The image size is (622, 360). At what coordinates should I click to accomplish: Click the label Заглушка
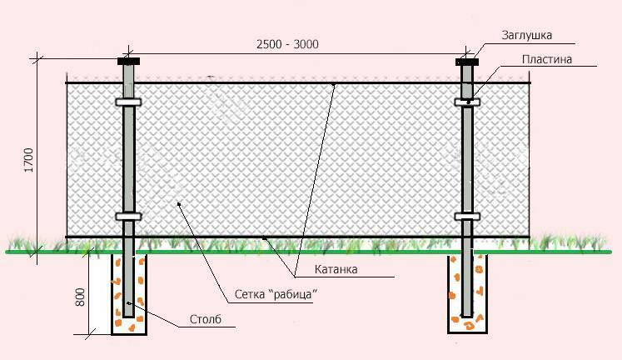pos(527,35)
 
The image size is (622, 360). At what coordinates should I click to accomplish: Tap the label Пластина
pos(547,59)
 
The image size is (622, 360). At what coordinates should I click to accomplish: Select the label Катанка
pos(336,269)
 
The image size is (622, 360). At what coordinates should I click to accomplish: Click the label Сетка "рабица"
pos(276,294)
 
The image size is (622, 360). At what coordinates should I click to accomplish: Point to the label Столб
pos(206,319)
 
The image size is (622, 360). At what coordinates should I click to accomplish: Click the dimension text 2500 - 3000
pos(287,44)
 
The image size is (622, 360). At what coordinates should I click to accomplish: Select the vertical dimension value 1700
pos(29,160)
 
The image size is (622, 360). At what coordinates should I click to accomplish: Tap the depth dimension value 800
pos(80,297)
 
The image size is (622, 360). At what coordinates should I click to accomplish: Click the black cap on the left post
pos(128,61)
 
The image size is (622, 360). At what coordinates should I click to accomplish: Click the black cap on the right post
pos(467,62)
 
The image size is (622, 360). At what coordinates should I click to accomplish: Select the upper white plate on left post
pos(128,102)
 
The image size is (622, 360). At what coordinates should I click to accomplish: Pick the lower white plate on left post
pos(128,217)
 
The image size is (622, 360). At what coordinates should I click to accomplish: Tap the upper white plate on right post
pos(467,102)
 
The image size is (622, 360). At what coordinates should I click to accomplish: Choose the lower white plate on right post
pos(467,217)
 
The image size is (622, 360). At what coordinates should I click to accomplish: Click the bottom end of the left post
pos(128,317)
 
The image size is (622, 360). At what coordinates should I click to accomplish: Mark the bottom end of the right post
pos(468,316)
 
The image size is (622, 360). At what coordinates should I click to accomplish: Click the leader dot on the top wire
pos(334,84)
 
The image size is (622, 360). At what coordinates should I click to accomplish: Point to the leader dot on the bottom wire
pos(264,238)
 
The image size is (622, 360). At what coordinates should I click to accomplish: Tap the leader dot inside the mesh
pos(179,204)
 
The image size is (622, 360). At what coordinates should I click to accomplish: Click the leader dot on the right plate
pos(469,102)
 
